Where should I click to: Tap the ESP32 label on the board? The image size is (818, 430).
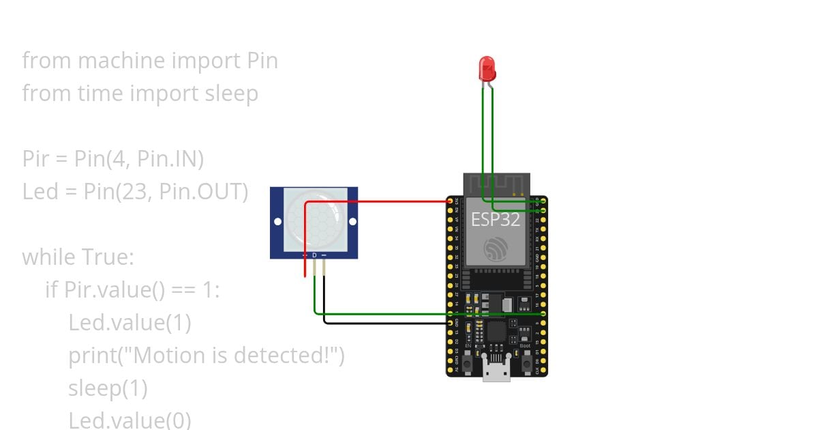[x=496, y=219]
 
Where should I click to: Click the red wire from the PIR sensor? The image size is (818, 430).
[x=375, y=202]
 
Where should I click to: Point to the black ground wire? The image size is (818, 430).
[x=382, y=322]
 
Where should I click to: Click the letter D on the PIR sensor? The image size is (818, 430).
[x=314, y=255]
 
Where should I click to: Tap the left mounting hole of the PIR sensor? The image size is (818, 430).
[x=277, y=222]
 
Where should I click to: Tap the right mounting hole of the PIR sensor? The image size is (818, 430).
[x=352, y=222]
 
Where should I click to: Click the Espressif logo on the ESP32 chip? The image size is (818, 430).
[x=496, y=248]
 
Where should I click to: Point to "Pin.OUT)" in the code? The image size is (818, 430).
[x=203, y=192]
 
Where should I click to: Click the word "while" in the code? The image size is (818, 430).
[x=49, y=257]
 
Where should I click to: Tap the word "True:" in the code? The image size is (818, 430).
[x=108, y=257]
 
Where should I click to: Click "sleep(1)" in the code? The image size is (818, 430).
[x=108, y=388]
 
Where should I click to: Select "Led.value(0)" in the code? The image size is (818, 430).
[x=130, y=420]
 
